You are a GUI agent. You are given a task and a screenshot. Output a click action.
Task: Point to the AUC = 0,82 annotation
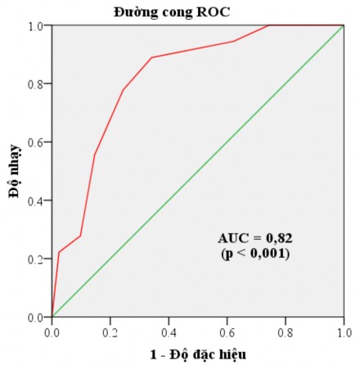255,238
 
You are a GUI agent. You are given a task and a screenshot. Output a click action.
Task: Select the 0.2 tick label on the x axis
110,333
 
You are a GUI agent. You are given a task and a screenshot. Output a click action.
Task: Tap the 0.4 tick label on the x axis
169,333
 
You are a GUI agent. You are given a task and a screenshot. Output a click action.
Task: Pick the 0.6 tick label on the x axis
227,333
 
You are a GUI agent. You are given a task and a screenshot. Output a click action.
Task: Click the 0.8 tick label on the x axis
285,333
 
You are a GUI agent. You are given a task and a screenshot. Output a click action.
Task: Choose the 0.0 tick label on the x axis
52,333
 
